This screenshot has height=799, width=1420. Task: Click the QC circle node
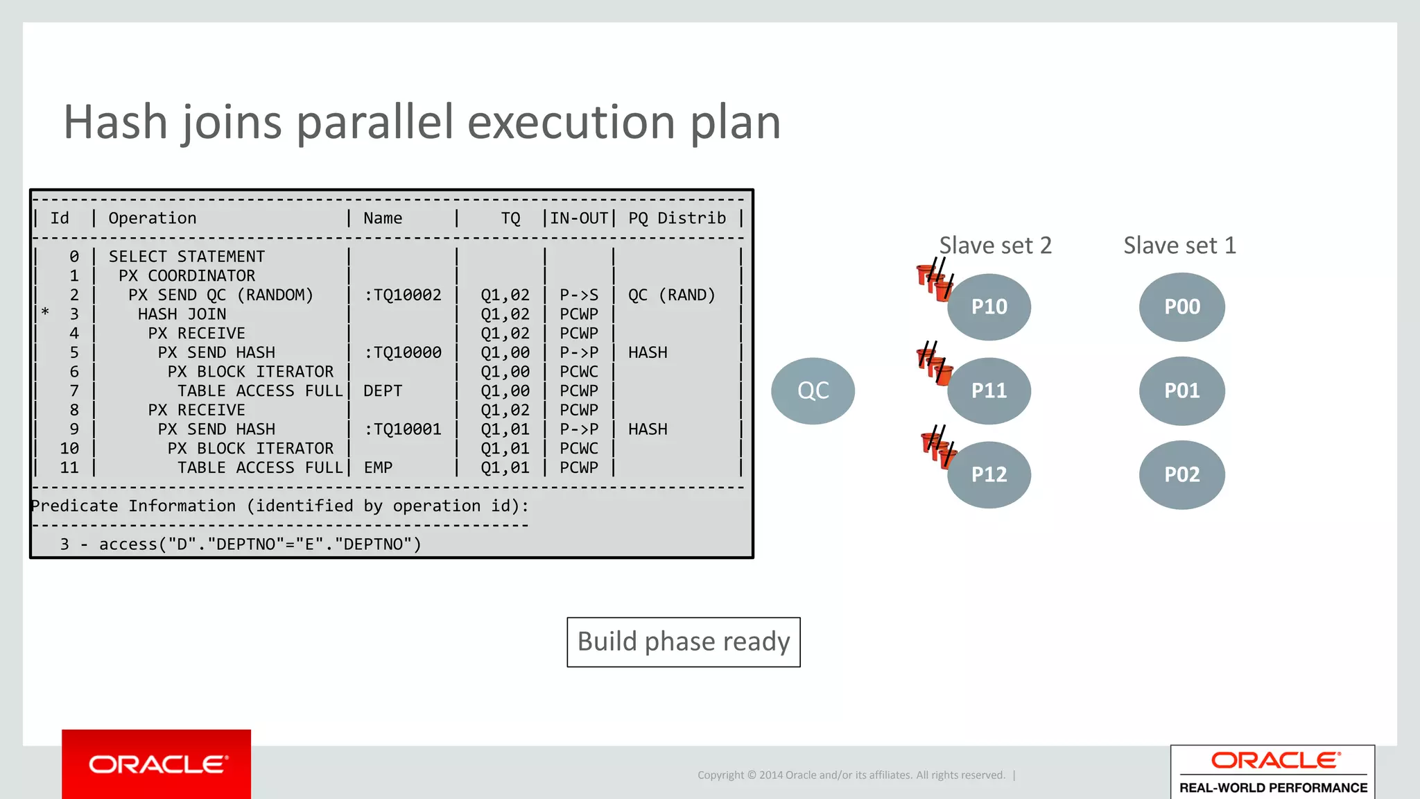point(813,390)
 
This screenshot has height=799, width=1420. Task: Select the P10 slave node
point(989,307)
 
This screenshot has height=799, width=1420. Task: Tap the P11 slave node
point(989,390)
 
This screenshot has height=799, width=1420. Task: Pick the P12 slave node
point(989,474)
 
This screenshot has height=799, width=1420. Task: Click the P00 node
point(1181,307)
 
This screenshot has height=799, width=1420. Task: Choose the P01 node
point(1181,390)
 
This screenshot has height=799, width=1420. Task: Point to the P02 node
point(1181,474)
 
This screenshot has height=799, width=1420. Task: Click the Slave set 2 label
point(995,246)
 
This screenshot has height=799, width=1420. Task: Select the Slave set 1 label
point(1179,246)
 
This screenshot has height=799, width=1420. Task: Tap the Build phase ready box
point(683,642)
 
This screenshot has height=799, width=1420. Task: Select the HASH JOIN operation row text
point(182,314)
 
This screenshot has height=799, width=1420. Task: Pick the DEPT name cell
point(383,391)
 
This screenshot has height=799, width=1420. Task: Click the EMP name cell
point(378,468)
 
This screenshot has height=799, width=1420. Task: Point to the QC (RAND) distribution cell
point(671,295)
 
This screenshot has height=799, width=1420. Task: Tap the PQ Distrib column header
point(677,218)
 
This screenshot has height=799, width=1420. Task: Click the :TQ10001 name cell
point(403,429)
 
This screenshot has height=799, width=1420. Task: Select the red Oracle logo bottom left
point(157,764)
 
